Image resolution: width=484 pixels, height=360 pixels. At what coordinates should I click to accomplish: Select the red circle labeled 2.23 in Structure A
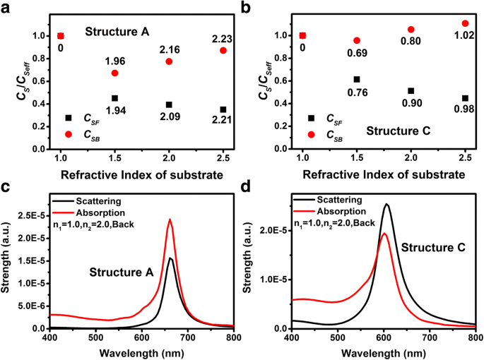click(x=223, y=51)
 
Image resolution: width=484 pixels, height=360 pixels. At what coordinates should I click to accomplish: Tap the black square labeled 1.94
click(x=114, y=98)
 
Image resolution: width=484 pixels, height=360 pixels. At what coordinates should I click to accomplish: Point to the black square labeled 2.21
click(x=223, y=109)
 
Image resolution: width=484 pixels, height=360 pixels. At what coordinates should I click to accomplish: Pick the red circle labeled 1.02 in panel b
click(x=465, y=23)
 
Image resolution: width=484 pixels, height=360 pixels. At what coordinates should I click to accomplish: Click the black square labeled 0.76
click(x=357, y=80)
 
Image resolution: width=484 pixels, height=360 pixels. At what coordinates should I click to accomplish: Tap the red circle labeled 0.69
click(x=357, y=41)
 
